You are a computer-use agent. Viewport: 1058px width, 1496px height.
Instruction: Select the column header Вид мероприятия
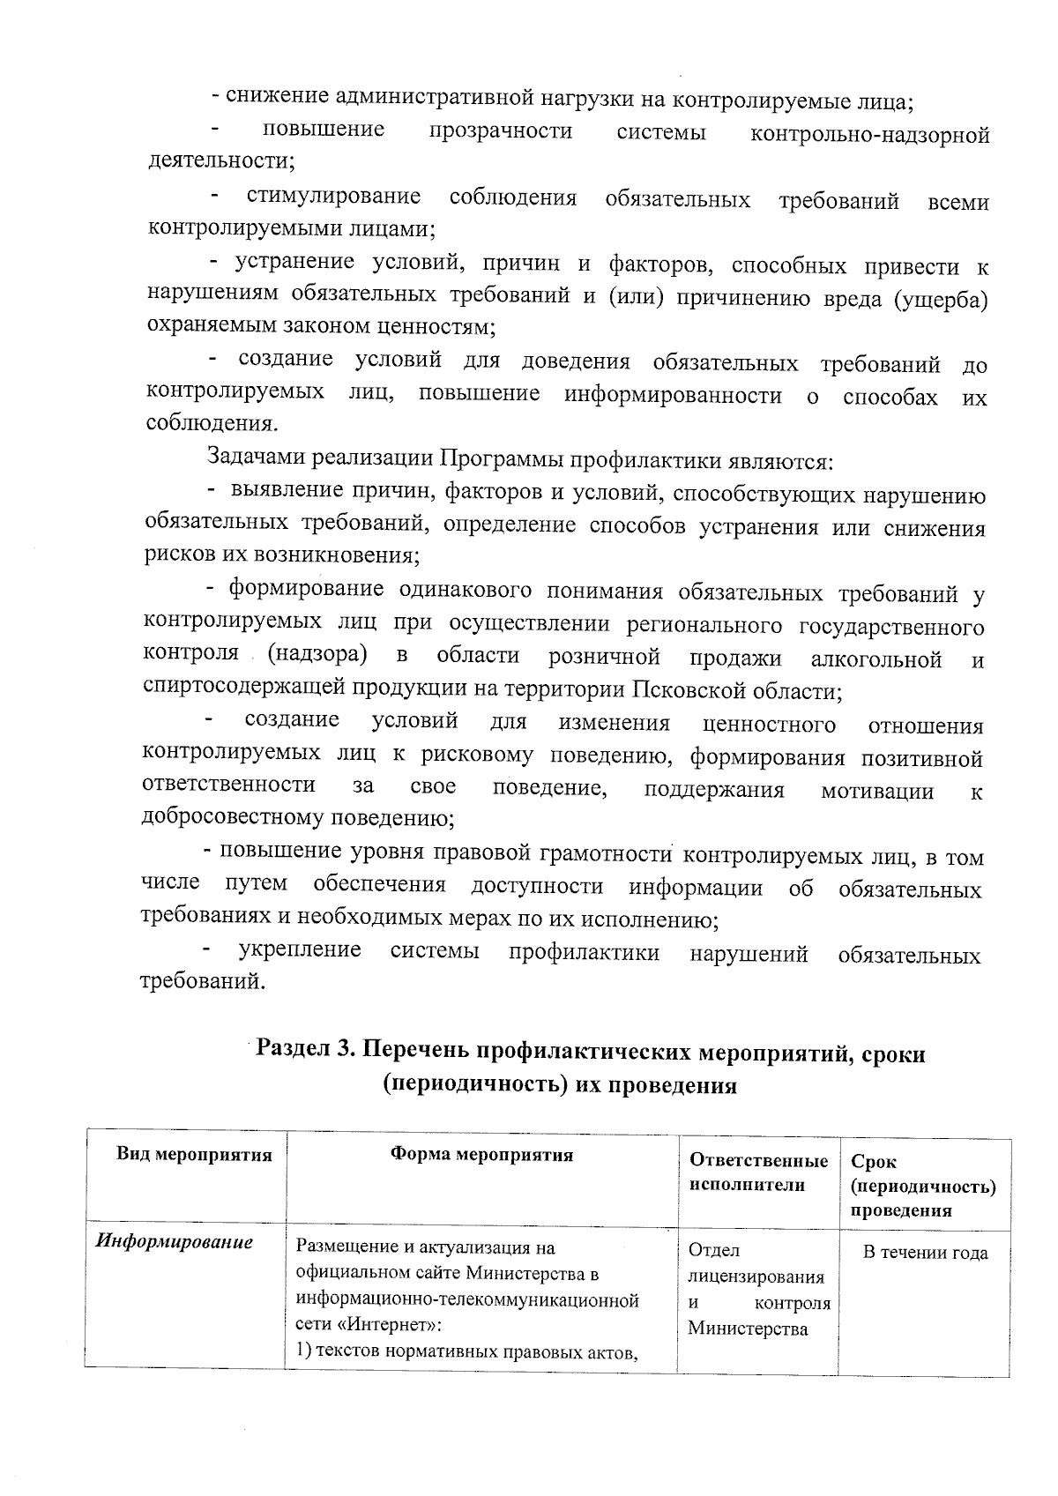coord(195,1156)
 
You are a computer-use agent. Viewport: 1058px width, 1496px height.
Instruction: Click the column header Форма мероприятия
coord(482,1156)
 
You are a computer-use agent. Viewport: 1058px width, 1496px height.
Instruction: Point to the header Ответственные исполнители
coord(758,1172)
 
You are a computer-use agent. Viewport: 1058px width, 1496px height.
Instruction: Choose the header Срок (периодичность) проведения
coord(923,1186)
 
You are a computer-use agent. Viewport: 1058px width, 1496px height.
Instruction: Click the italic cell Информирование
coord(174,1243)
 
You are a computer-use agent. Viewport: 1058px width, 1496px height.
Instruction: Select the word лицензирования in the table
coord(756,1276)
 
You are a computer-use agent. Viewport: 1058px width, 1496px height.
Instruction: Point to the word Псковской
coord(689,688)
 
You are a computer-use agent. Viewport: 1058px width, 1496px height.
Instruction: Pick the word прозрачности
coord(500,132)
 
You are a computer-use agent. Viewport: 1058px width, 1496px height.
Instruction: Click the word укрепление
coord(300,950)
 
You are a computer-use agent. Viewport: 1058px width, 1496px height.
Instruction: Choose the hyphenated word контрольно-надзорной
coord(869,135)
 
